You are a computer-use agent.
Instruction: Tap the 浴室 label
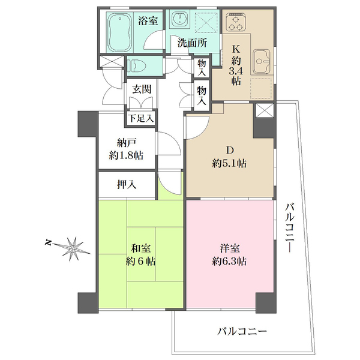(148, 20)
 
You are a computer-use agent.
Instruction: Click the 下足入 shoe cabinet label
(142, 118)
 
